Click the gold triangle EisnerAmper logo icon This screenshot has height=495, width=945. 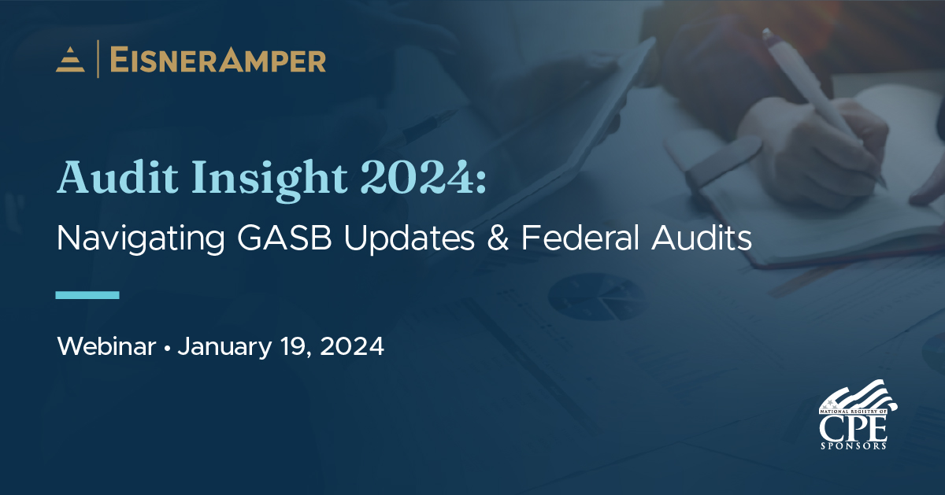(70, 61)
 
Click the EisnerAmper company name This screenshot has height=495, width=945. (217, 61)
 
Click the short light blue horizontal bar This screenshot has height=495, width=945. (87, 295)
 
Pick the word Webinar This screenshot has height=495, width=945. (106, 347)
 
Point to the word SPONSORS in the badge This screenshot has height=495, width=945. (854, 445)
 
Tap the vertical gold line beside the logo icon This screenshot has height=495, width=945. (98, 60)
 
